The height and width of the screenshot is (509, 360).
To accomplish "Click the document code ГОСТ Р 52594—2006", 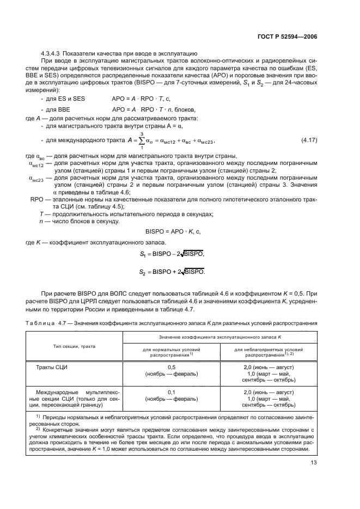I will click(x=287, y=36).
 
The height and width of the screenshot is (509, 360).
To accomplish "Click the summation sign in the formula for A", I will click(x=141, y=141).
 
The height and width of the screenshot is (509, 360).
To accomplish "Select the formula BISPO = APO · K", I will click(x=173, y=231).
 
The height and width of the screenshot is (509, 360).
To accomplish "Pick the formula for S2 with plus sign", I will click(x=174, y=272).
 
